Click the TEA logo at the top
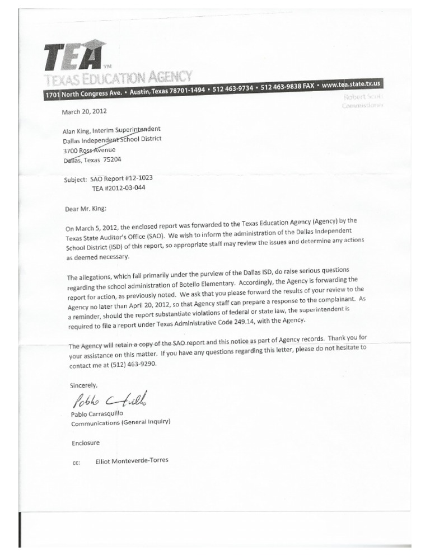(73, 55)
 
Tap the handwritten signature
(110, 400)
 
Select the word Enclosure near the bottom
(85, 442)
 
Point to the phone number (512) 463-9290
(127, 365)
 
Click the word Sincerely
(83, 385)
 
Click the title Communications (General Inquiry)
(120, 423)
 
